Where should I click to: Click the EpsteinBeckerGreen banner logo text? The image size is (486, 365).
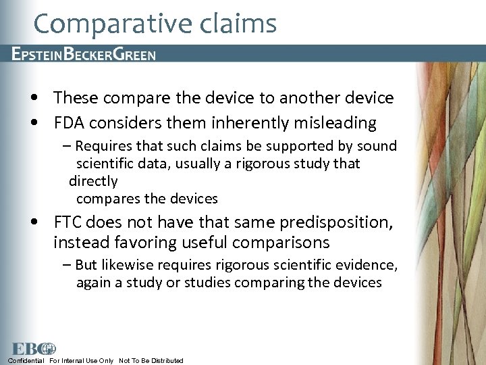pyautogui.click(x=84, y=55)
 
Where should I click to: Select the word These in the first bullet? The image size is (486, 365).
pyautogui.click(x=76, y=98)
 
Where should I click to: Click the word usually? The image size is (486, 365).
pyautogui.click(x=210, y=164)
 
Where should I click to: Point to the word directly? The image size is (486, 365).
pyautogui.click(x=93, y=181)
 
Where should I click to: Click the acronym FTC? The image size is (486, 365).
pyautogui.click(x=69, y=222)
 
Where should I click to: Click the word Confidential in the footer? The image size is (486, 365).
pyautogui.click(x=26, y=361)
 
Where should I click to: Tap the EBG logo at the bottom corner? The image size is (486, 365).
pyautogui.click(x=32, y=349)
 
